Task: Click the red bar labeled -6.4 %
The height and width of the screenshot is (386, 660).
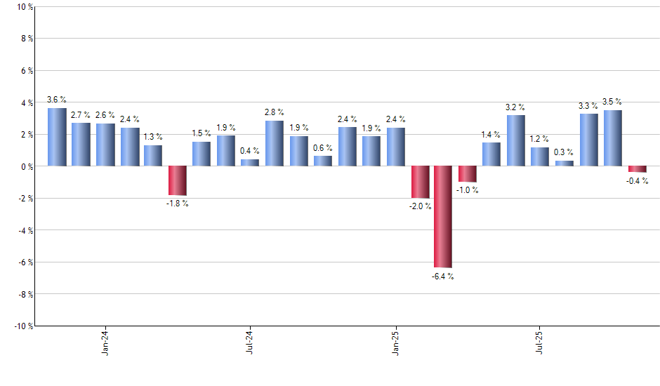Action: click(x=443, y=217)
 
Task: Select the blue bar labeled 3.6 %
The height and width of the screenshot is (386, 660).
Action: click(x=57, y=137)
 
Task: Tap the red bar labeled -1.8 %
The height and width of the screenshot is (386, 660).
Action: click(x=178, y=180)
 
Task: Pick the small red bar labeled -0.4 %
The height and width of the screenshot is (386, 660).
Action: click(x=637, y=169)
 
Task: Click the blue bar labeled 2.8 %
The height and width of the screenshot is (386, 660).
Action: click(x=275, y=143)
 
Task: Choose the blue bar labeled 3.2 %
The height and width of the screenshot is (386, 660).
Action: click(x=516, y=140)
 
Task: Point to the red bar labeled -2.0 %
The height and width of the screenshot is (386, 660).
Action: click(x=420, y=182)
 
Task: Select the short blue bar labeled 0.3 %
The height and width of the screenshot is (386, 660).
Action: click(x=565, y=164)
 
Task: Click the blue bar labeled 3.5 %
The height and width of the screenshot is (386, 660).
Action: click(x=612, y=138)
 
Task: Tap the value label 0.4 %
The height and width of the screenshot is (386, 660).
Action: click(x=250, y=151)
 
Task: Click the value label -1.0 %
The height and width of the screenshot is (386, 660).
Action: click(x=468, y=191)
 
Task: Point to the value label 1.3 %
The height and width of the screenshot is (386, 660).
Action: click(x=153, y=137)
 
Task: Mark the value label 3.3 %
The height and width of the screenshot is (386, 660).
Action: click(x=588, y=105)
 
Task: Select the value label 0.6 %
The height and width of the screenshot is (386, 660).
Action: click(x=323, y=147)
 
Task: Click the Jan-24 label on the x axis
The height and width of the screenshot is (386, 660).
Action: click(x=105, y=343)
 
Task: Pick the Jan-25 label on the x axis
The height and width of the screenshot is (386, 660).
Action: click(x=395, y=343)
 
